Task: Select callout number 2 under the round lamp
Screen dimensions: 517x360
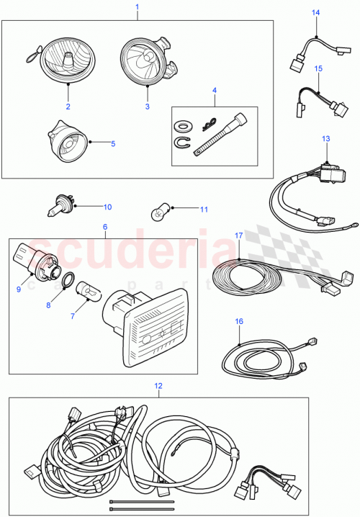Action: pos(68,107)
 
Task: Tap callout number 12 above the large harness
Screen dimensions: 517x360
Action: pos(158,386)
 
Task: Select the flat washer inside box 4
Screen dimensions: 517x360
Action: pos(186,120)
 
